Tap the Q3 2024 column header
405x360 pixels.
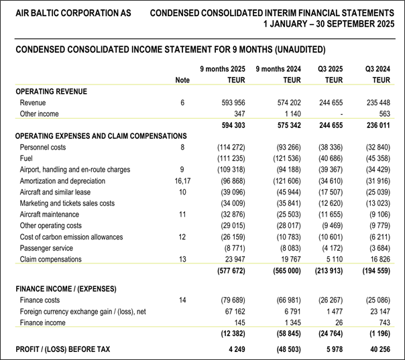[x=378, y=69]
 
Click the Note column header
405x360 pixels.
[x=182, y=80]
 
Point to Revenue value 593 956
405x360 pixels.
[x=231, y=103]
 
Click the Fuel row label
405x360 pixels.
[x=27, y=158]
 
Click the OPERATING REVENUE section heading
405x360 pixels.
[x=51, y=91]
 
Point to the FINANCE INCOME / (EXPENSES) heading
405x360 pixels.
[x=66, y=289]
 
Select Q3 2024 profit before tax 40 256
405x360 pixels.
[x=377, y=349]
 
